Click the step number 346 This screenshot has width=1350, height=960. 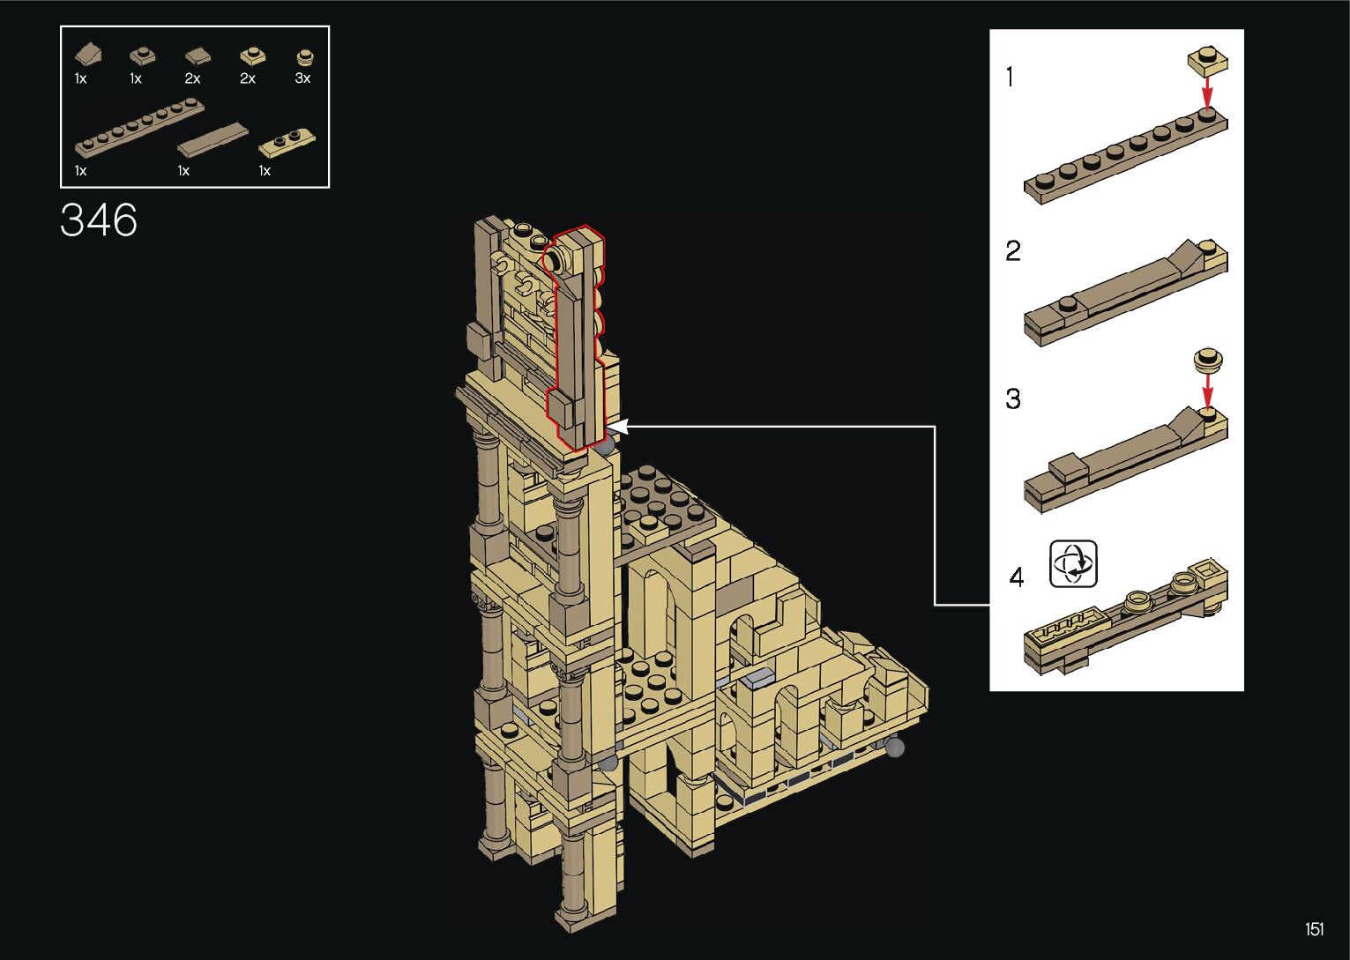(x=99, y=220)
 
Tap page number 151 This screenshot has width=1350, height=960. (x=1315, y=929)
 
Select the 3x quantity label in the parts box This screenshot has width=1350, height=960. (x=302, y=78)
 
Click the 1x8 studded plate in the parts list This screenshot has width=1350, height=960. (x=139, y=128)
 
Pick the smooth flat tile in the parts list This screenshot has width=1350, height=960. (x=213, y=141)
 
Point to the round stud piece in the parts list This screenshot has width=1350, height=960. (x=306, y=57)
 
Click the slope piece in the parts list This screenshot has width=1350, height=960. (x=88, y=55)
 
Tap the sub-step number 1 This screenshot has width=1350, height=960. (x=1011, y=78)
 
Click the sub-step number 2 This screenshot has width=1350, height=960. (x=1013, y=250)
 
